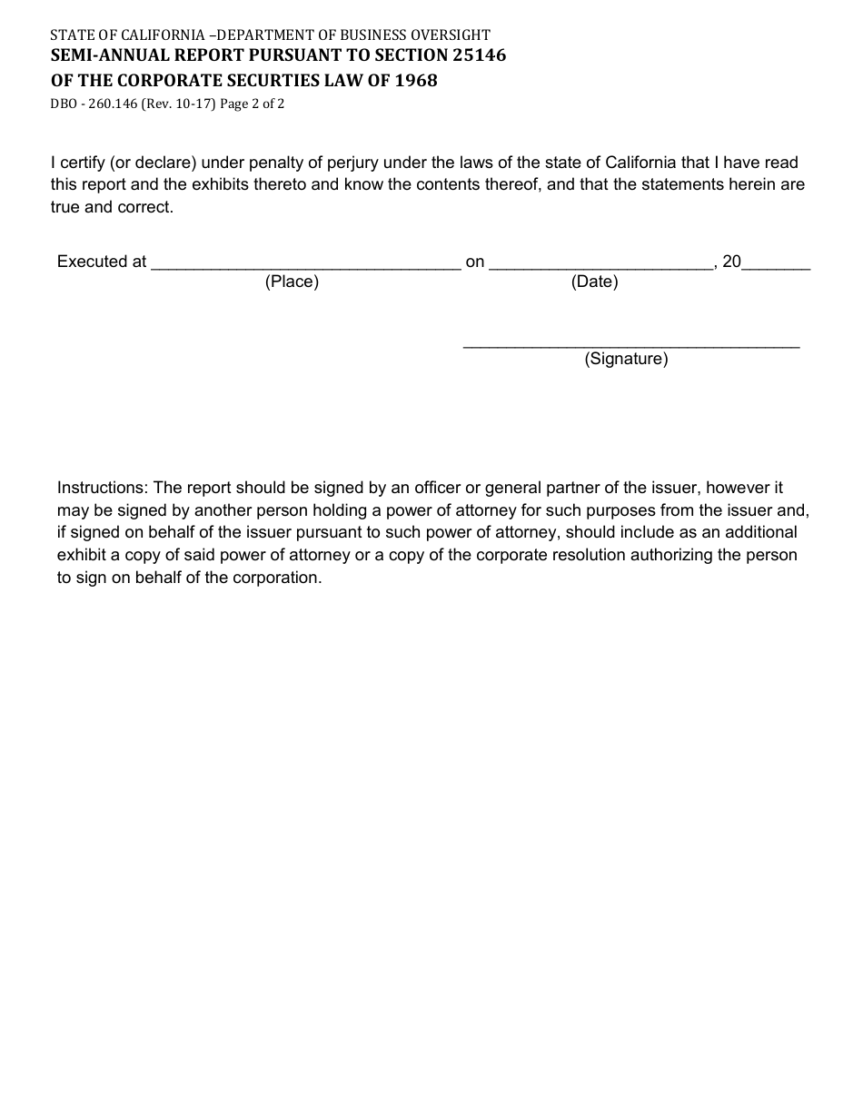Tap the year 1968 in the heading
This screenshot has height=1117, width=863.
[416, 81]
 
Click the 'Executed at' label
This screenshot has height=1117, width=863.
[102, 262]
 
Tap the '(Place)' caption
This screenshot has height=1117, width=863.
[292, 282]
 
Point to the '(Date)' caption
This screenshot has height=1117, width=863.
[594, 282]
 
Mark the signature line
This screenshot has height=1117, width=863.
[631, 345]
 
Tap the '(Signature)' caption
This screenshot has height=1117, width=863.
[626, 360]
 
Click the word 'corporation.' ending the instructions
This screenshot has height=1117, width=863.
[279, 578]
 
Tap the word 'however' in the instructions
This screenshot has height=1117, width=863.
[739, 488]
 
